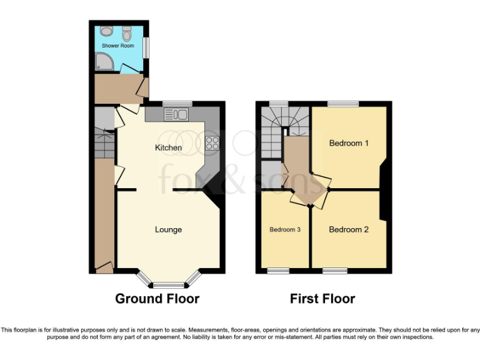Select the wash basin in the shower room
point(105,31)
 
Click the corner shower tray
point(101,61)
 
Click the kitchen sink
point(177,114)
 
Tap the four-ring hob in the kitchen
point(212,142)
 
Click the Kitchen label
point(169,148)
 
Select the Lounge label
point(169,230)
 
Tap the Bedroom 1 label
point(349,143)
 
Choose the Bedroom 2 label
point(349,229)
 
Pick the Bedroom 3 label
point(285,230)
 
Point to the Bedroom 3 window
point(279,271)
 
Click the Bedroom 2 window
point(334,271)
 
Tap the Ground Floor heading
point(157,299)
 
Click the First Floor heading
point(322,299)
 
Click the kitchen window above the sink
point(177,104)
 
